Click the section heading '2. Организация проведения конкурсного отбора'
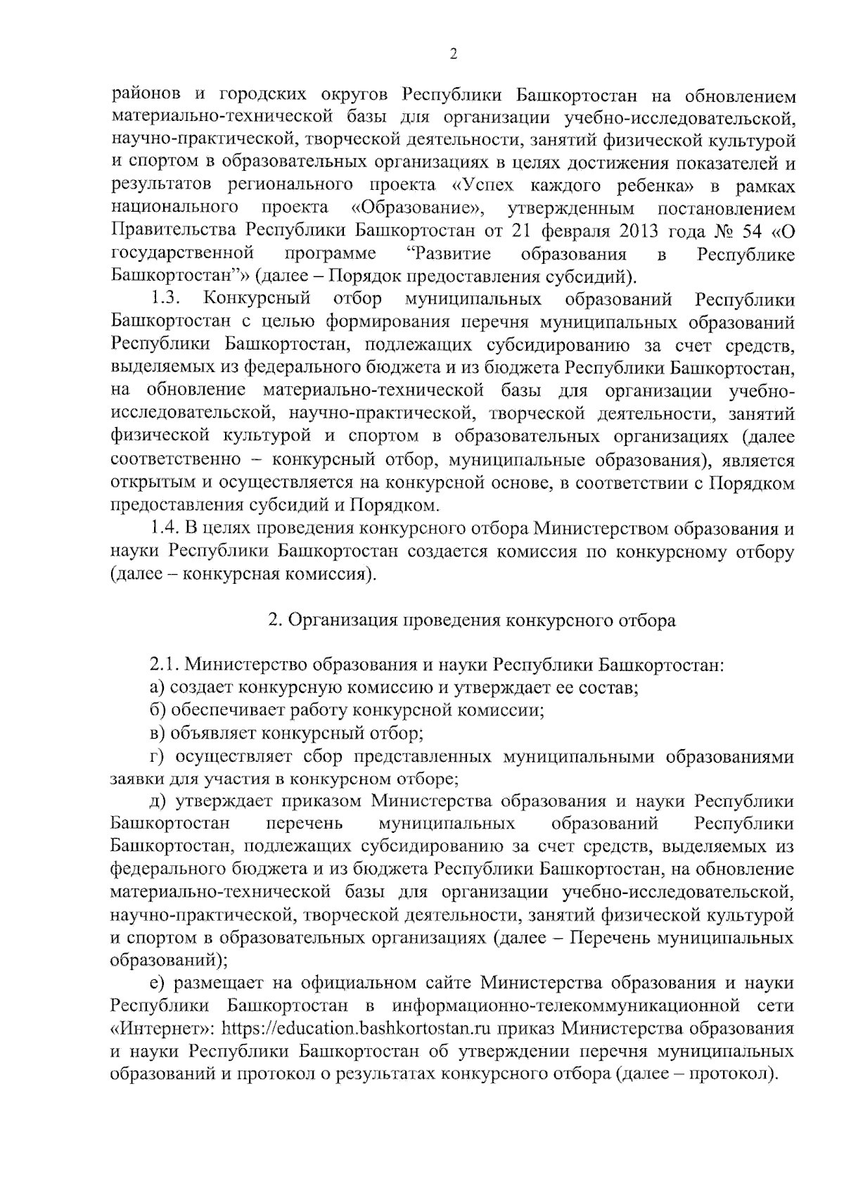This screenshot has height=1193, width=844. [472, 620]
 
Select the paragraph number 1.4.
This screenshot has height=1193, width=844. [165, 528]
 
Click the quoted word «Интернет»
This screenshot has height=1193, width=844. [162, 1028]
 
